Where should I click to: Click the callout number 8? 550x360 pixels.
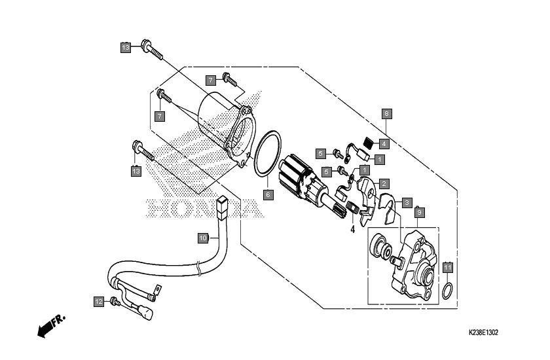click(386, 114)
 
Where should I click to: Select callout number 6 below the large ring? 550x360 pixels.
click(268, 194)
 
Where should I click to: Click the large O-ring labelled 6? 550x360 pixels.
click(267, 153)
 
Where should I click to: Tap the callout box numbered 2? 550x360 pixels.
click(384, 183)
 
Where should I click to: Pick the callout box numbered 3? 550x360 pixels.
click(407, 202)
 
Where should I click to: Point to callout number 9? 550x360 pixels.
click(419, 213)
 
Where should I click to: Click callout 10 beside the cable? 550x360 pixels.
click(203, 238)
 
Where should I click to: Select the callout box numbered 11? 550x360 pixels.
click(447, 268)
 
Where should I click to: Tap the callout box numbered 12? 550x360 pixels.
click(99, 302)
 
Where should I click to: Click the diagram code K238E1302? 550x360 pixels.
click(483, 333)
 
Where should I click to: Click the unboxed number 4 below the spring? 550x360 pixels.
click(352, 230)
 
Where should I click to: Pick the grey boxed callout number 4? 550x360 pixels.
click(384, 144)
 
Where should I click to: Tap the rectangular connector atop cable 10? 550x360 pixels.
click(222, 207)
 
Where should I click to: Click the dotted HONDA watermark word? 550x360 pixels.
click(205, 208)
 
